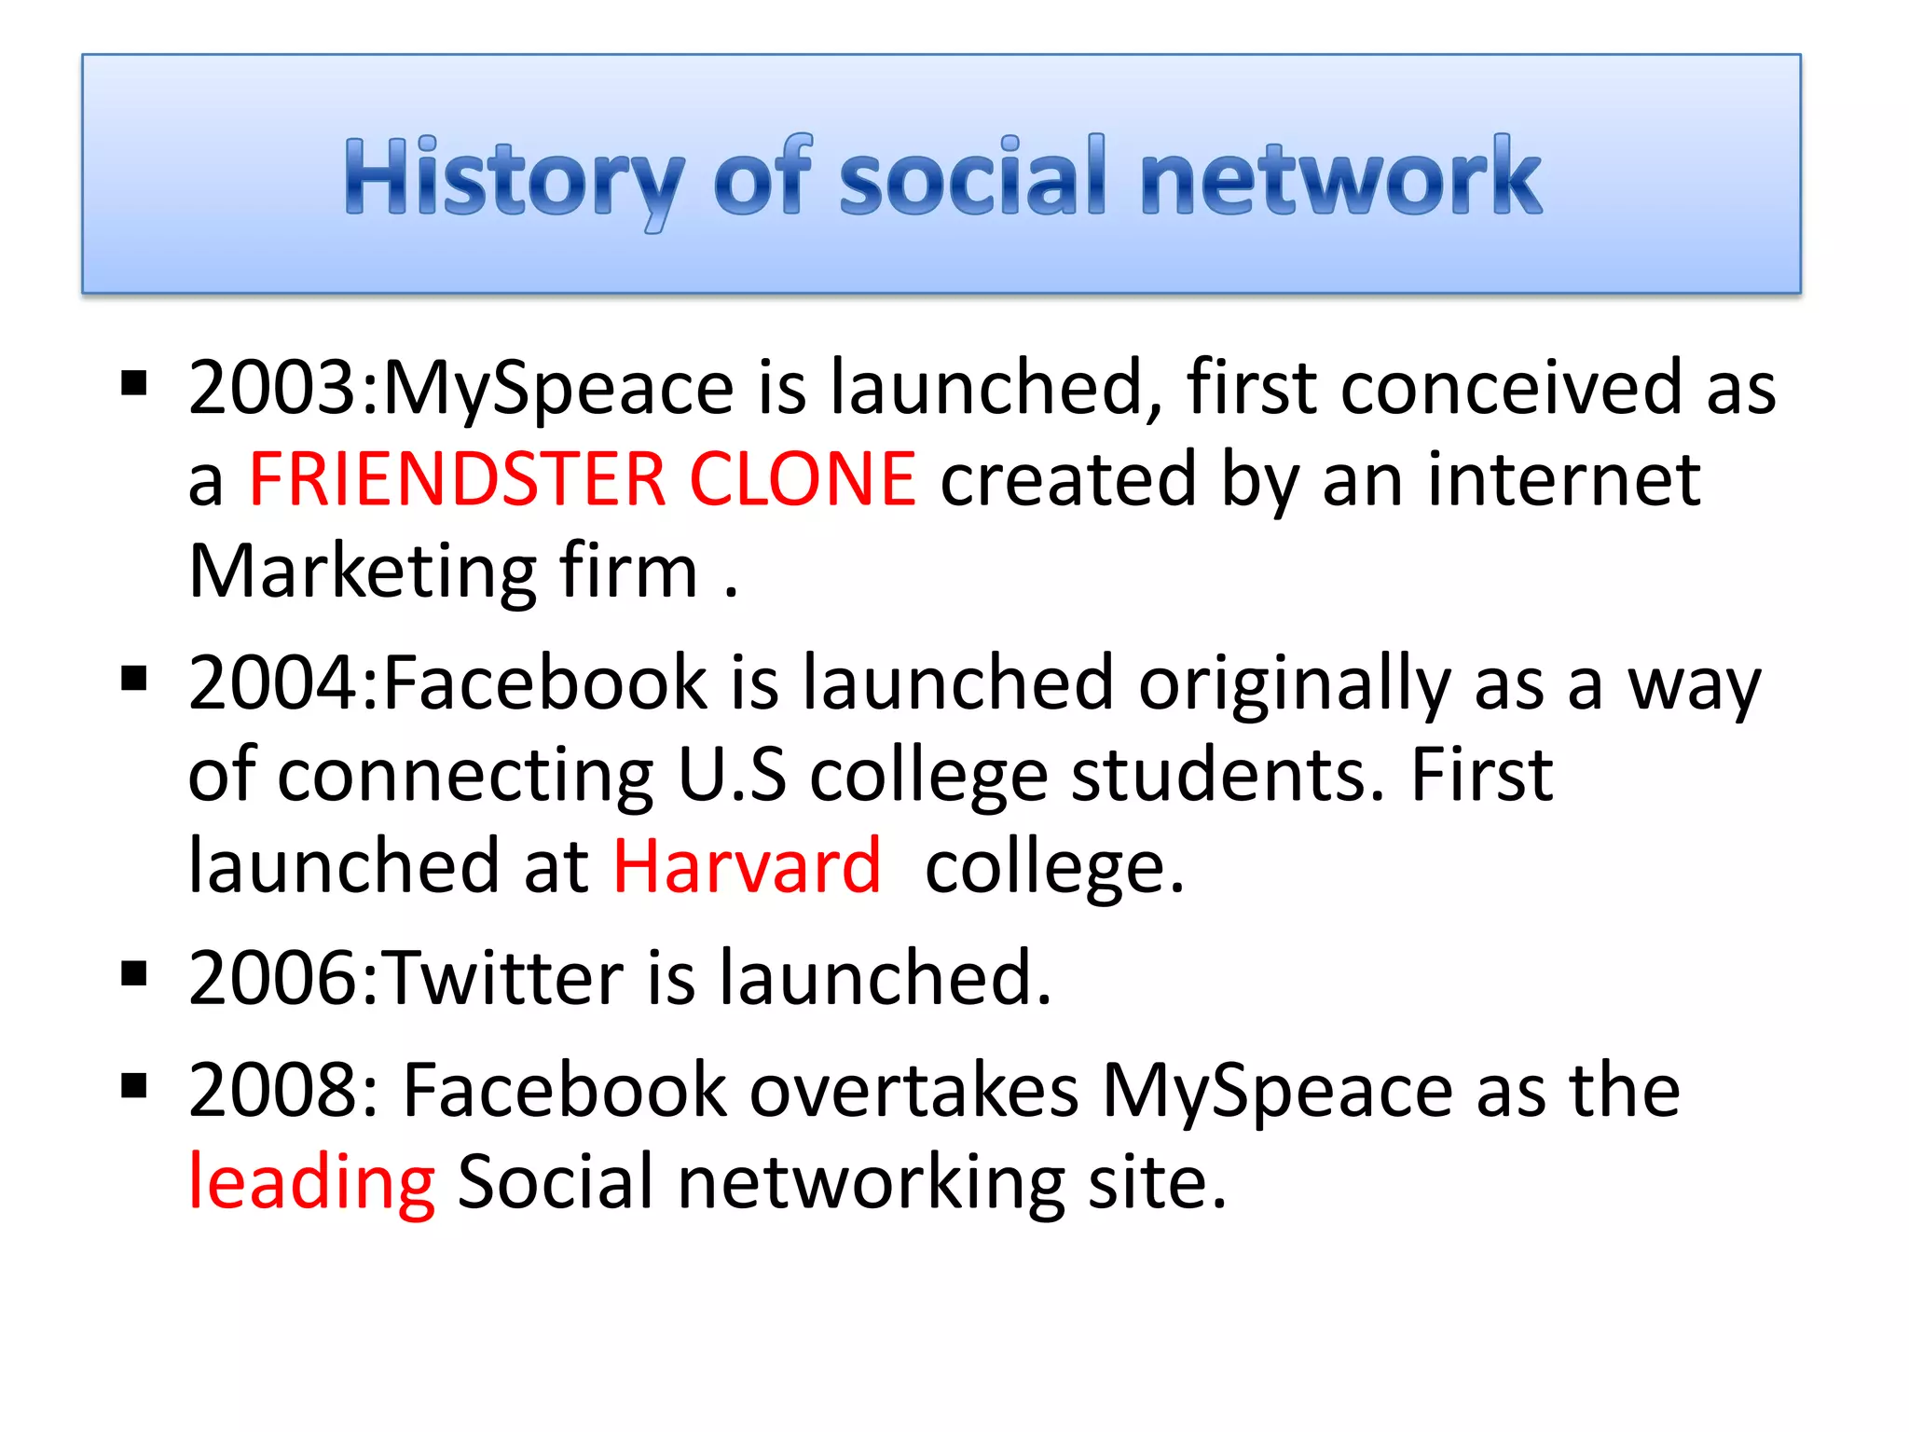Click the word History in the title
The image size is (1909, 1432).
(x=514, y=177)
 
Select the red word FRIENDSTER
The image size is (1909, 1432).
(x=457, y=479)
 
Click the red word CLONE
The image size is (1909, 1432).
(x=802, y=479)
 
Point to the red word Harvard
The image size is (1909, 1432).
(x=747, y=866)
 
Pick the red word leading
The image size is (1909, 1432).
(x=311, y=1182)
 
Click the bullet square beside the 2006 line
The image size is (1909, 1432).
(x=134, y=973)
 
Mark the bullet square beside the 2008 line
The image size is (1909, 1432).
(x=134, y=1084)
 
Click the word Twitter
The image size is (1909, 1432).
(x=503, y=979)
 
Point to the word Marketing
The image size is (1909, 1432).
(x=363, y=572)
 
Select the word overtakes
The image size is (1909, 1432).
(x=914, y=1090)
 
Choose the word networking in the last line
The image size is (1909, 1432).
(x=871, y=1182)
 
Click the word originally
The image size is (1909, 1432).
(x=1295, y=683)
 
